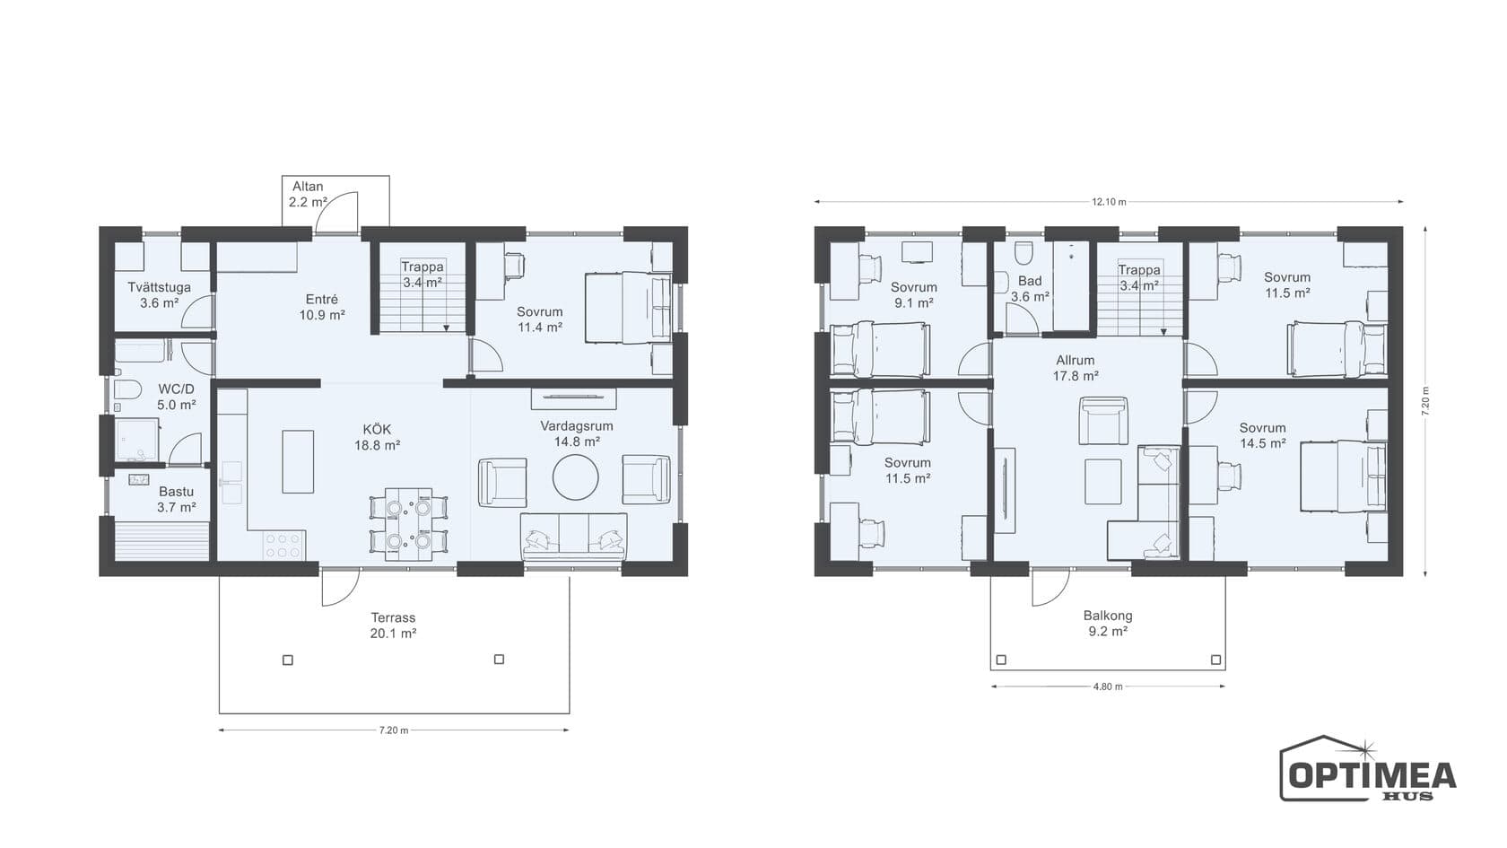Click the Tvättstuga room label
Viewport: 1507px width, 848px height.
coord(160,287)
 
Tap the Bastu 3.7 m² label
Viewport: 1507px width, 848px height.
coord(176,499)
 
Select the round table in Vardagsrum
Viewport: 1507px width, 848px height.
coord(575,477)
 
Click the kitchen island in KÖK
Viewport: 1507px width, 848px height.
coord(298,462)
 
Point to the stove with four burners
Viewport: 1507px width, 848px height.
coord(283,546)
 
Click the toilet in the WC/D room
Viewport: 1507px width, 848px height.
coord(126,389)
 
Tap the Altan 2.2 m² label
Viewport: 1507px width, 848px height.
coord(308,194)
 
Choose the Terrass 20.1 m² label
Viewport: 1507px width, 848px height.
coord(393,625)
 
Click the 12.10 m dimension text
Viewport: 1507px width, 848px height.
coord(1109,201)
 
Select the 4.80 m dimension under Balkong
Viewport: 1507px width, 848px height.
coord(1108,686)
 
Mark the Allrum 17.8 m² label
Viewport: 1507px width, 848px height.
coord(1075,368)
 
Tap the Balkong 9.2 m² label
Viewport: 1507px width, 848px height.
coord(1107,623)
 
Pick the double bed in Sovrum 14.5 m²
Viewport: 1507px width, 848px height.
coord(1343,476)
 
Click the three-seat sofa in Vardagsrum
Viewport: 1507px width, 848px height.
coord(574,537)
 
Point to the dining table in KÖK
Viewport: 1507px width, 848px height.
coord(409,524)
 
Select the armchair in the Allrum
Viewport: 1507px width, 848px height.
coord(1103,421)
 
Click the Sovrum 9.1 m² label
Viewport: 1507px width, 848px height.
coord(913,294)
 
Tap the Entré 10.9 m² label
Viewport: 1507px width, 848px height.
coord(321,307)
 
